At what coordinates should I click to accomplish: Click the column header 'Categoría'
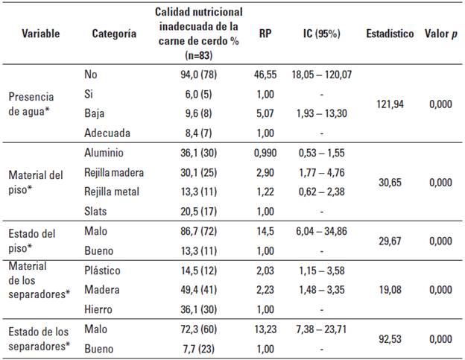[114, 34]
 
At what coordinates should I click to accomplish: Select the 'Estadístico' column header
[389, 34]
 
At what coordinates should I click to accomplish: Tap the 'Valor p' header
[440, 34]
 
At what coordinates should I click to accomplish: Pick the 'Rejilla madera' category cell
[113, 172]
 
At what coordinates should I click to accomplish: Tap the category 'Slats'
[97, 211]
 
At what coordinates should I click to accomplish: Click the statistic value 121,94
[389, 104]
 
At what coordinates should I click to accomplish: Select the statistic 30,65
[389, 182]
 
